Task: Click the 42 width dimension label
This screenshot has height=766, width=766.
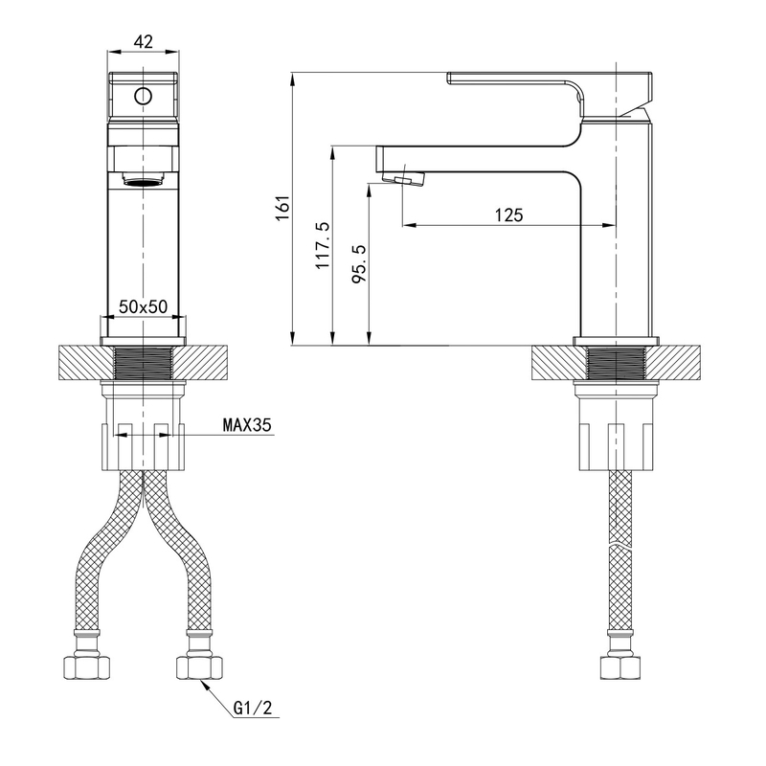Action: pos(143,41)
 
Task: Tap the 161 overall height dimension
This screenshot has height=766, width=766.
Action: pos(283,208)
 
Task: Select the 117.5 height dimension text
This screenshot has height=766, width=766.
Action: pos(323,245)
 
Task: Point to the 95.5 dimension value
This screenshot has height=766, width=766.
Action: pos(359,264)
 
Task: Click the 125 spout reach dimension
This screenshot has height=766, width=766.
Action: pos(508,214)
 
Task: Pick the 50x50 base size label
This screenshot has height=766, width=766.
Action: pos(143,306)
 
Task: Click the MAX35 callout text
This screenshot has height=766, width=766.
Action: pos(247,425)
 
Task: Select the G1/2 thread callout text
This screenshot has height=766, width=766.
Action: pos(253,708)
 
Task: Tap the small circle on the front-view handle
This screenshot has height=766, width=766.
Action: pos(143,96)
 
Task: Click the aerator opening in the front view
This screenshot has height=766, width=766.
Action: pos(143,182)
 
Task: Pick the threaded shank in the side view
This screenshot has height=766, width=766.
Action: pos(617,363)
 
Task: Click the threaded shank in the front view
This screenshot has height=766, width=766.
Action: pos(143,363)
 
